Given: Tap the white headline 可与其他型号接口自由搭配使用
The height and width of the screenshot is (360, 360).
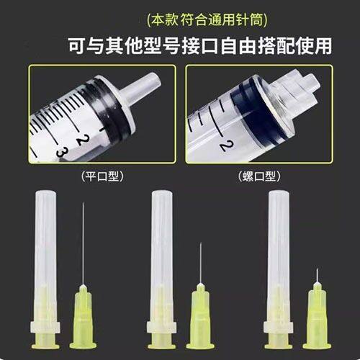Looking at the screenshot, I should [180, 45].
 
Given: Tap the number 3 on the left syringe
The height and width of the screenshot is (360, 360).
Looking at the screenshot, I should [63, 152].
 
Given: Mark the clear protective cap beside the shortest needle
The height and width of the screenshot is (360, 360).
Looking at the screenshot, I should [276, 259].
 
